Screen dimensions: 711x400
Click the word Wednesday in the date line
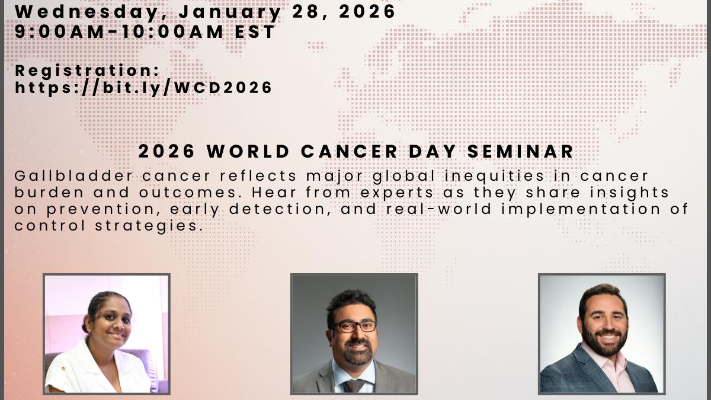[x=87, y=12]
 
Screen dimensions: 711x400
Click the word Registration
[x=87, y=71]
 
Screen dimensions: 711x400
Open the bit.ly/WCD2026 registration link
[x=143, y=88]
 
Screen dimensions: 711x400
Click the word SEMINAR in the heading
[x=521, y=151]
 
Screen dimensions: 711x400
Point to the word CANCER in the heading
[x=349, y=151]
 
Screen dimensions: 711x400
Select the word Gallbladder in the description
[x=73, y=177]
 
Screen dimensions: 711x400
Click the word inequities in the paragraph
[x=494, y=177]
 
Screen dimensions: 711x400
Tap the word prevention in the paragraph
[x=105, y=210]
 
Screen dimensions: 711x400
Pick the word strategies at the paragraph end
[x=149, y=226]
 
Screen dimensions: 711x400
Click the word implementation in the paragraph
[x=581, y=210]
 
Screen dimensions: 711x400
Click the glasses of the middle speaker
[x=353, y=327]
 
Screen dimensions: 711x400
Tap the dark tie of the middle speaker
[x=353, y=386]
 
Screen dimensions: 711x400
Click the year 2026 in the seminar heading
[x=166, y=151]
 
